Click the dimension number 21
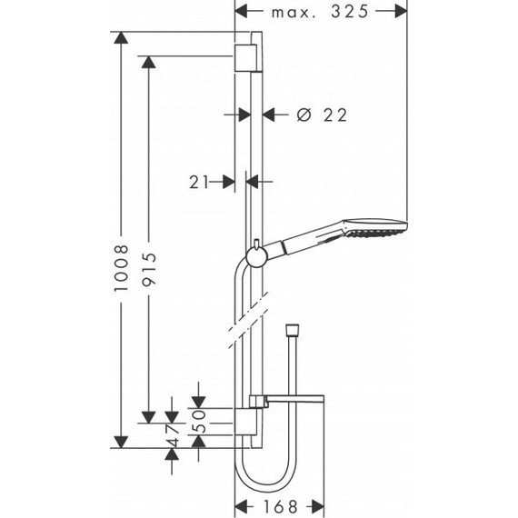200,182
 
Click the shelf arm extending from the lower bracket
293,399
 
